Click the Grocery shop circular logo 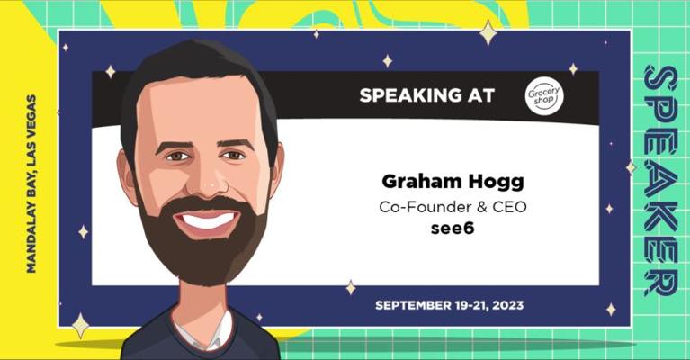544,96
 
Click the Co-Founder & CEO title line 452,206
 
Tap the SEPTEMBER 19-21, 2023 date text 449,305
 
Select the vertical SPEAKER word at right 660,180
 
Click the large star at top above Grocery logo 488,33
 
